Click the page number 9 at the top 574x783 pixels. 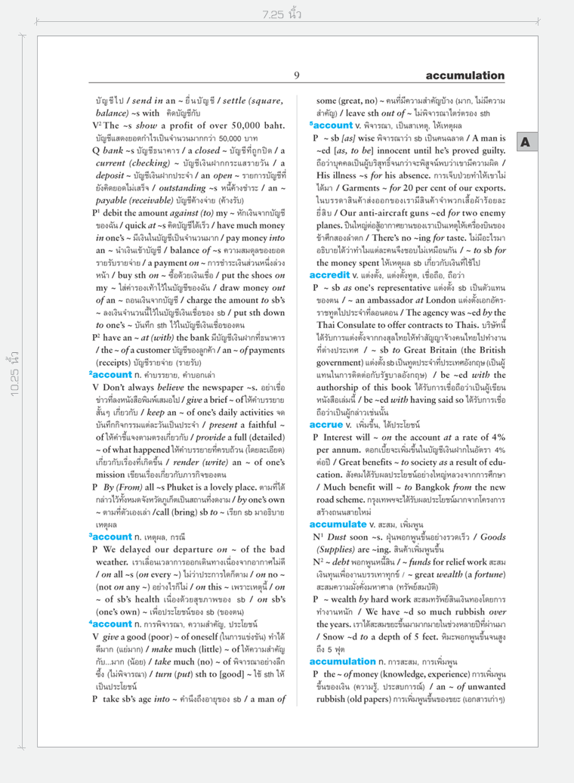(x=297, y=75)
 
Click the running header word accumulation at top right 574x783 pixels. (x=463, y=75)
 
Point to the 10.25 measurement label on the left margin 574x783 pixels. (x=13, y=392)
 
